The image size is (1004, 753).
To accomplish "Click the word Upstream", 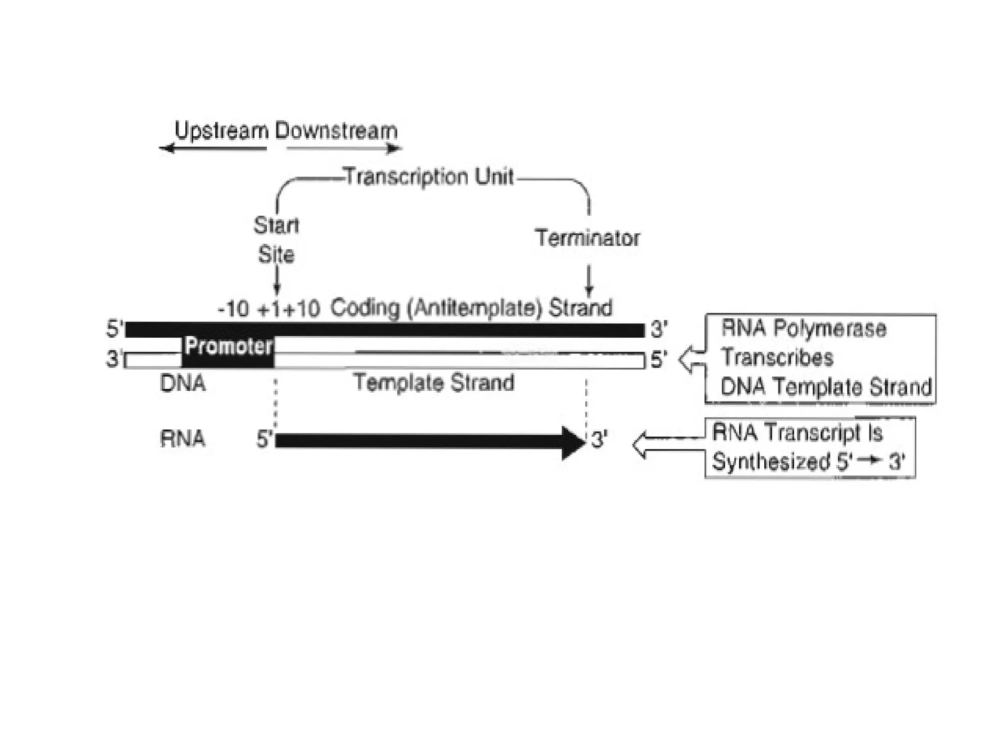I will pyautogui.click(x=222, y=131).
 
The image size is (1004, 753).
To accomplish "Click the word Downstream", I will pyautogui.click(x=336, y=131).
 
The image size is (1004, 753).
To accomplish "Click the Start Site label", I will pyautogui.click(x=276, y=240).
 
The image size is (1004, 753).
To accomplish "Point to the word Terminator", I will pyautogui.click(x=587, y=238).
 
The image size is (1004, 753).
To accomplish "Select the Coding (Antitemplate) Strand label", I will pyautogui.click(x=471, y=308).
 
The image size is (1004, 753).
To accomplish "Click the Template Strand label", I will pyautogui.click(x=434, y=383).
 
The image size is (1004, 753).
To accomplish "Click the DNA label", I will pyautogui.click(x=182, y=383).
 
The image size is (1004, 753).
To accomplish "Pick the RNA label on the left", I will pyautogui.click(x=182, y=439).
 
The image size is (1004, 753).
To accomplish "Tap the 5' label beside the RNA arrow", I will pyautogui.click(x=265, y=440).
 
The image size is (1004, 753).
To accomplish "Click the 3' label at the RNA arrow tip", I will pyautogui.click(x=599, y=440).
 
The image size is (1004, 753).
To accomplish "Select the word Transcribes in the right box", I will pyautogui.click(x=777, y=357).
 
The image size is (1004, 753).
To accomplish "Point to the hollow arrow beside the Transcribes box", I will pyautogui.click(x=692, y=360).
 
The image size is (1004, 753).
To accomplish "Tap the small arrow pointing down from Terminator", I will pyautogui.click(x=589, y=280).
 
